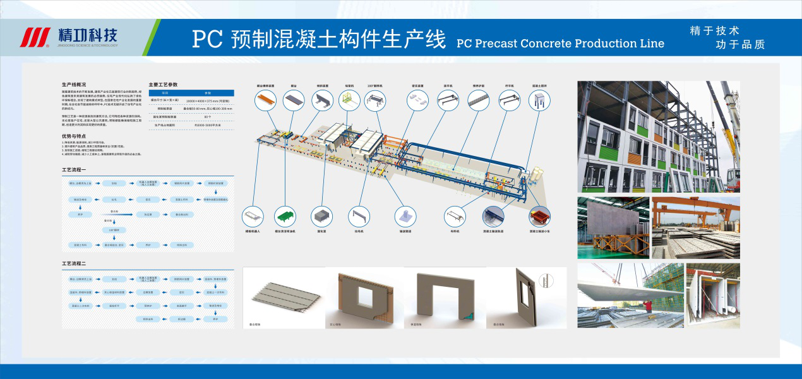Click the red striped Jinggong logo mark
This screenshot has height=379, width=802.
(x=35, y=38)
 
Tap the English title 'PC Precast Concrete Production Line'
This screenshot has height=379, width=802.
(x=560, y=44)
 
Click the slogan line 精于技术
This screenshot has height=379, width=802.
(x=714, y=30)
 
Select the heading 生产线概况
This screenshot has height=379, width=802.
(x=74, y=84)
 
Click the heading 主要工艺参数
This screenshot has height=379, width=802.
(x=163, y=84)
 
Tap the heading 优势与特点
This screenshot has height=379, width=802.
(x=74, y=136)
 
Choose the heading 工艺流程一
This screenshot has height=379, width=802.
(x=73, y=171)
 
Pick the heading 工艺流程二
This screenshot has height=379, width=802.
(x=73, y=263)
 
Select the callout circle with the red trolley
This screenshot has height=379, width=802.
(x=539, y=216)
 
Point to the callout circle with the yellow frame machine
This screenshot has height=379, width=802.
(x=349, y=100)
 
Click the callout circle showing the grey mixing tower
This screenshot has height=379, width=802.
(x=539, y=100)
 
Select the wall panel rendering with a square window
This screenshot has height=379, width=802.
(x=362, y=297)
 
